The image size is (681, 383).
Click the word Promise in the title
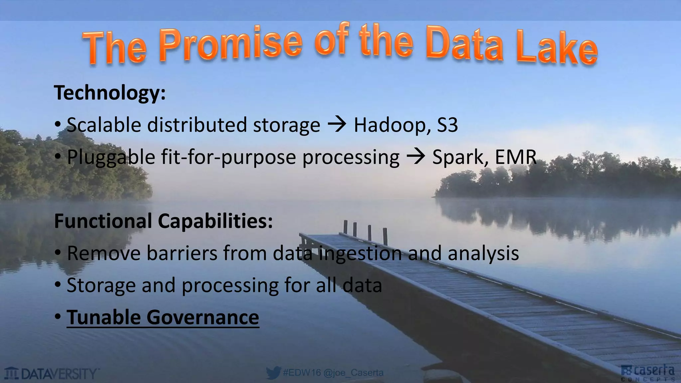231,44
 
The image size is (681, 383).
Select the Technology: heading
110,93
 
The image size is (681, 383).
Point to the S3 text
447,125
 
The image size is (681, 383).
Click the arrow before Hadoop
337,125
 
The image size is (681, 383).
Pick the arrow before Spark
416,157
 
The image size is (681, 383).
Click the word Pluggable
111,158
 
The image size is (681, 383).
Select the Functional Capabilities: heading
163,221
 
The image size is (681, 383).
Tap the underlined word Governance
203,318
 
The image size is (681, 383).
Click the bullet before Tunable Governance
58,317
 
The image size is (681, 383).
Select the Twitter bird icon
273,373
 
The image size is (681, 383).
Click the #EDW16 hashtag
302,373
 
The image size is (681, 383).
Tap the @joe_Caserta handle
353,373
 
